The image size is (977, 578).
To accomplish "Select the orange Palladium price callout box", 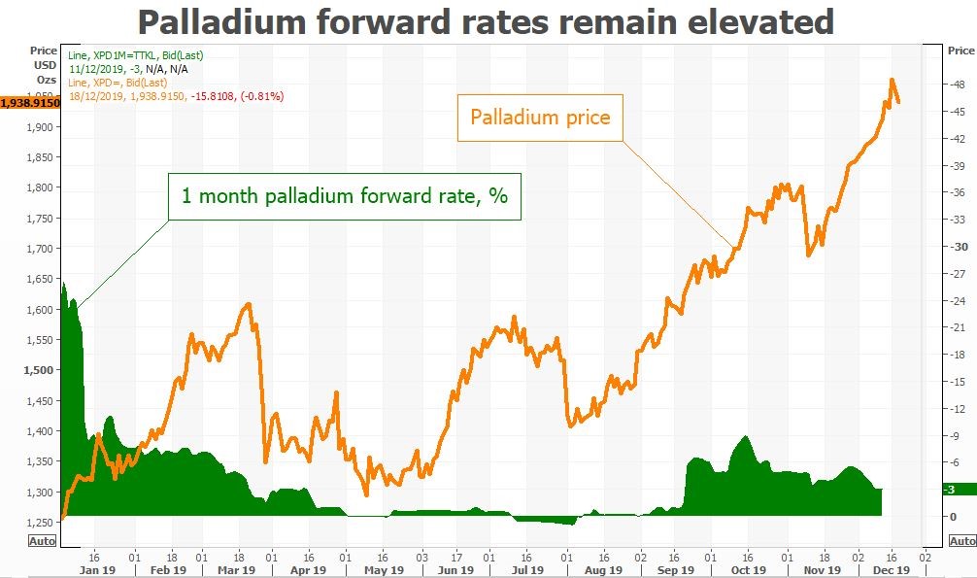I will coord(540,118).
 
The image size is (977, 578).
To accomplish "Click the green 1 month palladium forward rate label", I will coord(345,195).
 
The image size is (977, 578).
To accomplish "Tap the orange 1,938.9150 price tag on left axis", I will coord(30,101).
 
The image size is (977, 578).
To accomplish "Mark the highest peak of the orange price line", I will coord(892,81).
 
